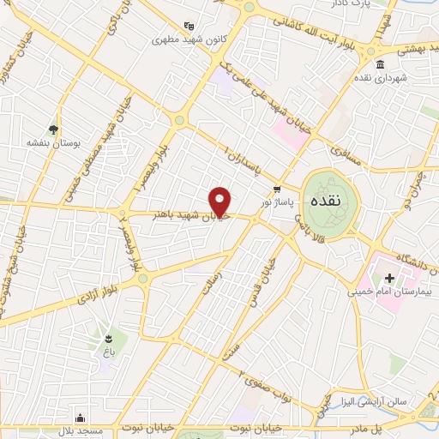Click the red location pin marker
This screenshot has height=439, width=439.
coord(221,201)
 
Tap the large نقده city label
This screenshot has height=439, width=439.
coord(328,202)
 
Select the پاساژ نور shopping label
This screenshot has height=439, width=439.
coord(278,200)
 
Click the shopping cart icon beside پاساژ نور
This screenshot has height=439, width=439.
coord(277,187)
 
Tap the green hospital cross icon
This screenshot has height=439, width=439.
coord(389,278)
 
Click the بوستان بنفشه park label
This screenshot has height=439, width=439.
coord(52,144)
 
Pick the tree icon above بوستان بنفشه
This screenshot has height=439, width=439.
coord(53,129)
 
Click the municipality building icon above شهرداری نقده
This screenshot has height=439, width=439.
coord(381,64)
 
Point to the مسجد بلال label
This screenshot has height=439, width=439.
coord(81,430)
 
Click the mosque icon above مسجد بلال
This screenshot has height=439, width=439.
coord(80,418)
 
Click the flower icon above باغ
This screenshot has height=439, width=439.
coord(109,337)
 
